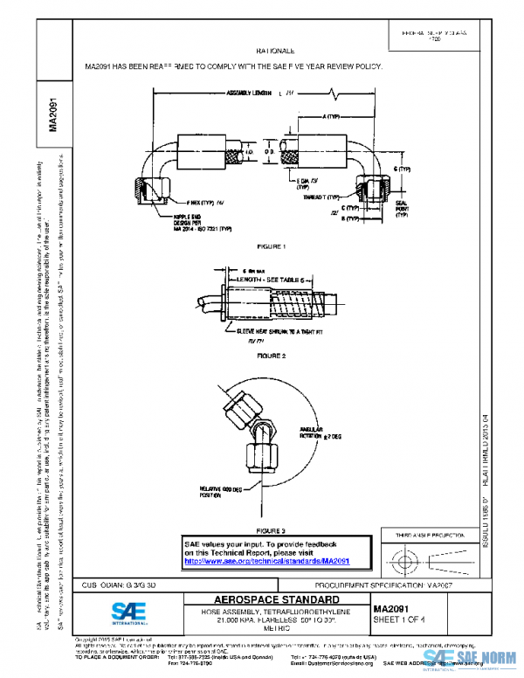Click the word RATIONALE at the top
point(276,52)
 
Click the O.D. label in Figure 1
point(270,152)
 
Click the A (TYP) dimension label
point(331,115)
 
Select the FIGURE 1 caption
point(271,247)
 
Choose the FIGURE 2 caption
point(271,356)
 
